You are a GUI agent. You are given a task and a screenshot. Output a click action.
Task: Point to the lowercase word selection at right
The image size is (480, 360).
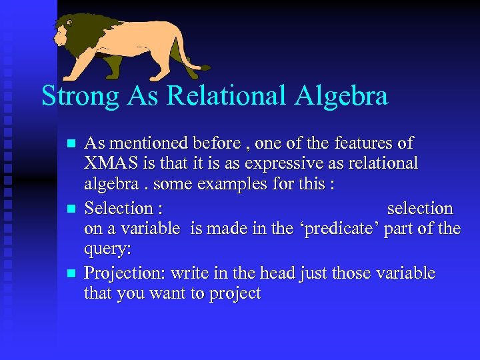pyautogui.click(x=420, y=208)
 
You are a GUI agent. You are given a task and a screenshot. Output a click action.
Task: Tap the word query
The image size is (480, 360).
pyautogui.click(x=105, y=250)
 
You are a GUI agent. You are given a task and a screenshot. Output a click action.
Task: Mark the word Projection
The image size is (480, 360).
pyautogui.click(x=125, y=273)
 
